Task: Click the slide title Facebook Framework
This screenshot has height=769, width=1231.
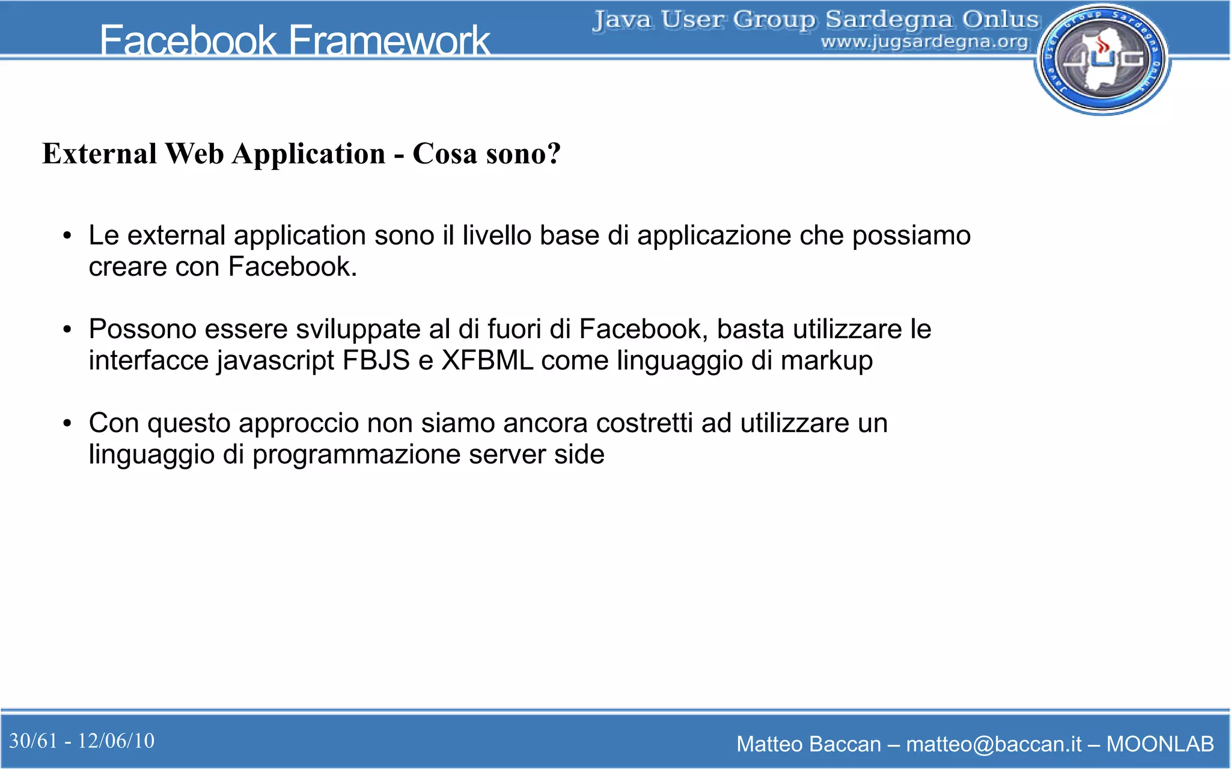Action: point(295,40)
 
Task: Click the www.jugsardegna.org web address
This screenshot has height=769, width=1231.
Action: point(924,42)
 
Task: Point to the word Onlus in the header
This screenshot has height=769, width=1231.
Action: point(1001,19)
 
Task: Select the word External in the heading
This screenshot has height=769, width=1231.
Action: point(100,154)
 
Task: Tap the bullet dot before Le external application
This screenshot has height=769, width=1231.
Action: point(67,236)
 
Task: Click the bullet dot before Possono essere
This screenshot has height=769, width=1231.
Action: point(67,330)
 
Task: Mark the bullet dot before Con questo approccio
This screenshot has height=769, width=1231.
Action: point(67,424)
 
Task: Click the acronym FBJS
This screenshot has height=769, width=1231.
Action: point(376,360)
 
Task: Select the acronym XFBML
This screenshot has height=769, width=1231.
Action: point(487,360)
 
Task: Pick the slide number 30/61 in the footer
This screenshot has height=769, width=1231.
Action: point(34,741)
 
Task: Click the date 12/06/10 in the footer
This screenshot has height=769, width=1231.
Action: point(116,741)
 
